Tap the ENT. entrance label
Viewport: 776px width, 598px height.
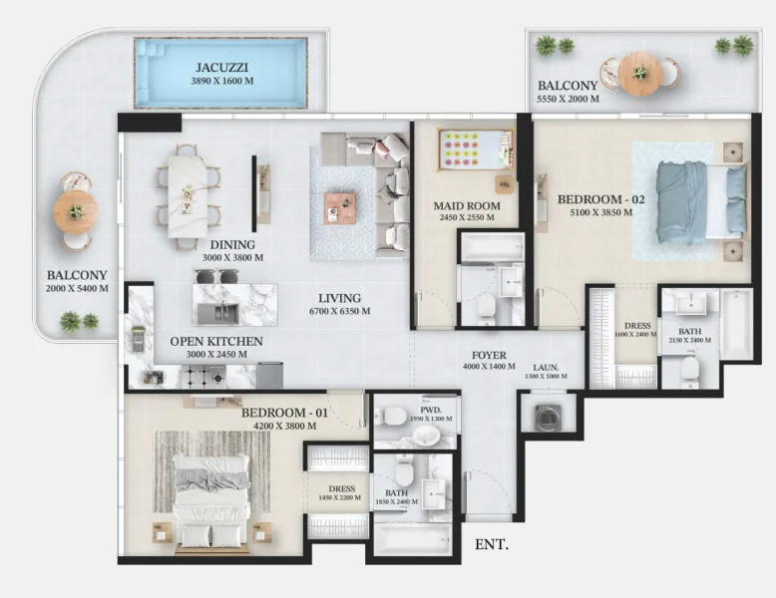tap(491, 545)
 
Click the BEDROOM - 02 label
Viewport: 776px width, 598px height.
tap(601, 199)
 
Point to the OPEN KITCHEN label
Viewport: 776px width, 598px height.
tap(216, 342)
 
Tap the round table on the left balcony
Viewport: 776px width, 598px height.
tap(76, 210)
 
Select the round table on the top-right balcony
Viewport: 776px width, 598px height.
tap(639, 72)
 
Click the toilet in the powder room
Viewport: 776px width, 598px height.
tap(394, 415)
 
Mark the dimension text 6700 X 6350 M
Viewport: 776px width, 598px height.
tap(339, 311)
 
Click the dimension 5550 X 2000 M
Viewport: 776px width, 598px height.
tap(568, 100)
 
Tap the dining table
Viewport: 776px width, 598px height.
tap(188, 197)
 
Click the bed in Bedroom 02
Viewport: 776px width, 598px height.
tap(699, 200)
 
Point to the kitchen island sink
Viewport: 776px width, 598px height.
tap(219, 313)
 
